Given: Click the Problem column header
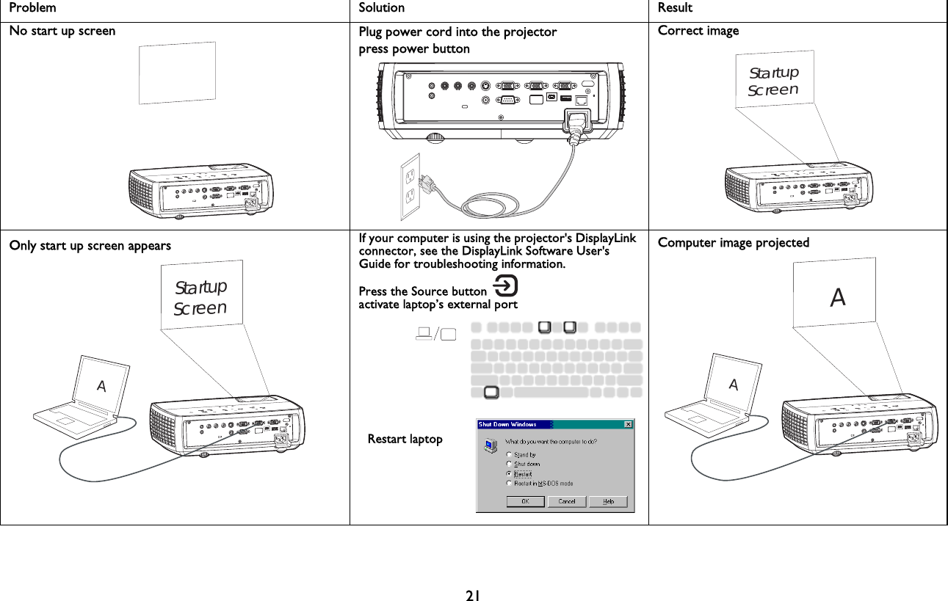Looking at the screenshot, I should [x=32, y=8].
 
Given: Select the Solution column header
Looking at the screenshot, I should [x=381, y=8].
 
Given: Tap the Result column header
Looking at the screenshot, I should [x=675, y=8].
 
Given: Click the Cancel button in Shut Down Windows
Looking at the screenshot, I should [x=566, y=501].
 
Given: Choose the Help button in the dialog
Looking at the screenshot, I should [x=608, y=501].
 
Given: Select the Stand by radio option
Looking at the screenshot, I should [x=510, y=455].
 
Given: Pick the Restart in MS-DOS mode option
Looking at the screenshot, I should [x=510, y=483].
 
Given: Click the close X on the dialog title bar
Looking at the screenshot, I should [x=628, y=424].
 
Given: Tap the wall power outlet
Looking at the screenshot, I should [x=410, y=186].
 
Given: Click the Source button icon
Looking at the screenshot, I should [x=507, y=285].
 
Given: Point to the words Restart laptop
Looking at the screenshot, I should [x=405, y=439].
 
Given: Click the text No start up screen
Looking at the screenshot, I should [x=62, y=31].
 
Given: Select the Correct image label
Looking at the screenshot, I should [x=698, y=31].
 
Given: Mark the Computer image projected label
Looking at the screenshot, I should [x=734, y=243].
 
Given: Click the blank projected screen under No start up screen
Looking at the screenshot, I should [x=178, y=73].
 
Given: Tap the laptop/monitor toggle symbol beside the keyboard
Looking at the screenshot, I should [x=435, y=335].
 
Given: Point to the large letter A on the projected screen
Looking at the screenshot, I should [x=837, y=297].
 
